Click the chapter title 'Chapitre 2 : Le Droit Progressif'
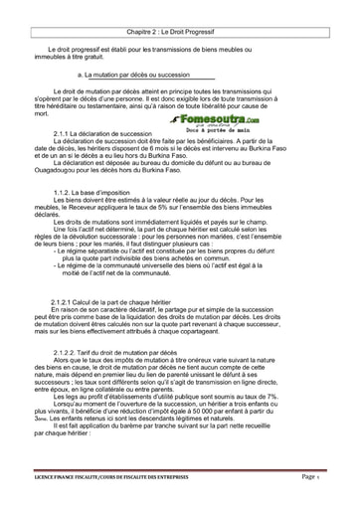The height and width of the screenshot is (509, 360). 180,19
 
